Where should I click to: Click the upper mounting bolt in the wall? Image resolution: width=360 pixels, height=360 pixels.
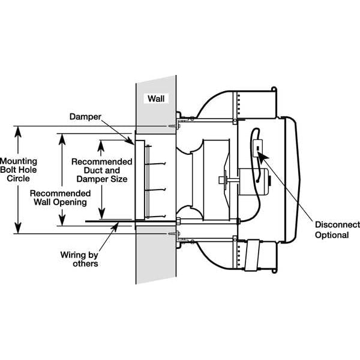tap(175, 127)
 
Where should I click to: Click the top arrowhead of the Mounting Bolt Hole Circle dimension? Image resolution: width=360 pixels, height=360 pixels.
tap(19, 130)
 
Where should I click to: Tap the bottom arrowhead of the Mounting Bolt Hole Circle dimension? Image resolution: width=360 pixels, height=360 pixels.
tap(19, 229)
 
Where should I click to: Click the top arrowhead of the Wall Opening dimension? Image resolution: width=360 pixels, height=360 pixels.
tap(60, 136)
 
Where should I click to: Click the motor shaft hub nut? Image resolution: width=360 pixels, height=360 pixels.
tap(223, 178)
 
